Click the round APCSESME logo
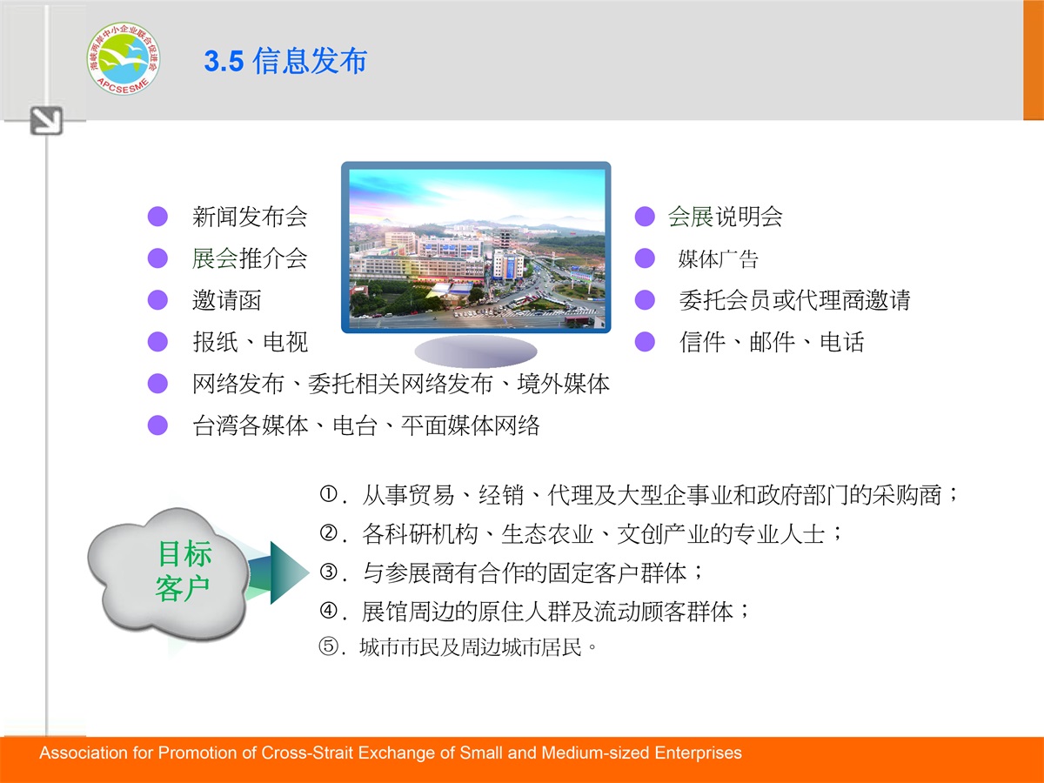coord(124,58)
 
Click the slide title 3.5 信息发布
coord(286,61)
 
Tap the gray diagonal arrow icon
coord(46,121)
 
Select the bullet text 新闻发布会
coord(250,217)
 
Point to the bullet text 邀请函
coord(227,300)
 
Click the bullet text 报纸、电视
coord(251,342)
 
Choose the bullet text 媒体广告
coord(718,259)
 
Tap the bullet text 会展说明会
coord(726,217)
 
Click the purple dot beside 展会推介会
coord(157,258)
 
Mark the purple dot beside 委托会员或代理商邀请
coord(645,300)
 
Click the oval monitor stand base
coord(476,351)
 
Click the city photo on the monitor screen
coord(477,249)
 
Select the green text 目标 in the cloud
coord(185,554)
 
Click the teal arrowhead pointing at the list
coord(289,572)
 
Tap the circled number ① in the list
coord(328,494)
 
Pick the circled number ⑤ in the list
coord(328,646)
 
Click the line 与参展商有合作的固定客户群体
coord(525,572)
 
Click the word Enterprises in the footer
coord(699,753)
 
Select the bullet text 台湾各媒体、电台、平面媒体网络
coord(366,426)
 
